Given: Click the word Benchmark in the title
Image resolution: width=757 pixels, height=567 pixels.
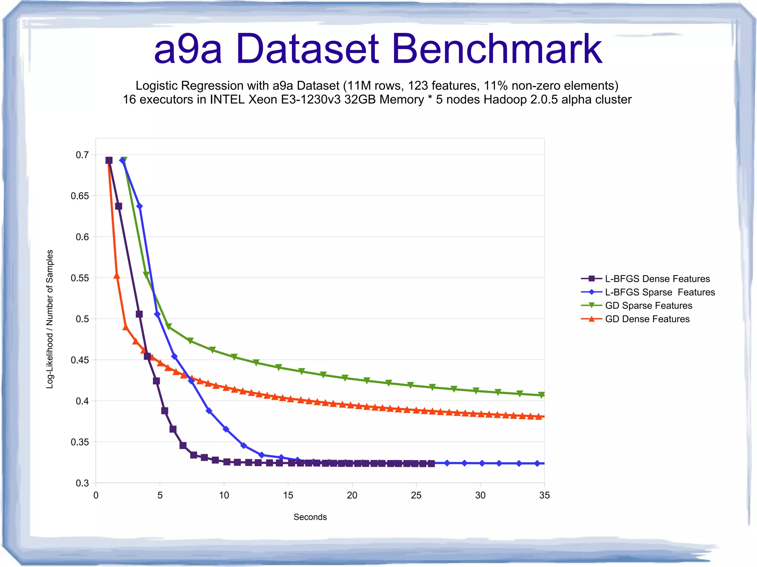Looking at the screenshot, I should (497, 49).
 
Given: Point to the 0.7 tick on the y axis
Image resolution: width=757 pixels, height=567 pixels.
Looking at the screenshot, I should (82, 155).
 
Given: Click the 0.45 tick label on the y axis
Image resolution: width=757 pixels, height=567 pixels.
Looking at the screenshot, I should (80, 360).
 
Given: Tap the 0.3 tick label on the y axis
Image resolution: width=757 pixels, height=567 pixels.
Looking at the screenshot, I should (82, 483).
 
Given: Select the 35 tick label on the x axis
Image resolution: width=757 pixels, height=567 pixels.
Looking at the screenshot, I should (544, 495).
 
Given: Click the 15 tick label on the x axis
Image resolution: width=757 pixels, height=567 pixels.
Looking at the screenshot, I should (288, 495).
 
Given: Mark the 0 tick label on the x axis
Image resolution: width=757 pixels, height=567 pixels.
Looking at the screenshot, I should (96, 495).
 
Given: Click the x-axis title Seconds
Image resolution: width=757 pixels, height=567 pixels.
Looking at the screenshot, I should (310, 517).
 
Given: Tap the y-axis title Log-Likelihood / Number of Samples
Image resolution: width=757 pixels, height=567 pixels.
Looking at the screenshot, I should (50, 319).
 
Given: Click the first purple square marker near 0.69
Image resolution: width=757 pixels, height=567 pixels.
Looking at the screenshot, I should (109, 160).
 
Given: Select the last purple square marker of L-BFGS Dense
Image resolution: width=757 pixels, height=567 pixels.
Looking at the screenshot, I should (431, 464).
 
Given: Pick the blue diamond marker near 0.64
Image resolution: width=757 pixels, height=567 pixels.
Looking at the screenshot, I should (139, 206).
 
